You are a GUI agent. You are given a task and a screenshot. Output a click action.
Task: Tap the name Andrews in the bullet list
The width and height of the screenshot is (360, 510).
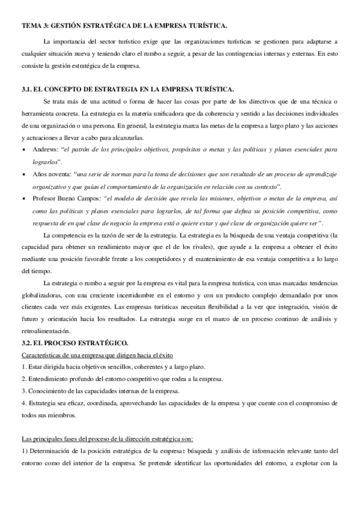[x=45, y=149]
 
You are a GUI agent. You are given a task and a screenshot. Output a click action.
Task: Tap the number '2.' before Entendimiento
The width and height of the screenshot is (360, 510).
[x=23, y=379]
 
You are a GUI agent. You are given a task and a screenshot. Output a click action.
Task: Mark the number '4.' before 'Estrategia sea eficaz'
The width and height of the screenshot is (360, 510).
[x=23, y=403]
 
